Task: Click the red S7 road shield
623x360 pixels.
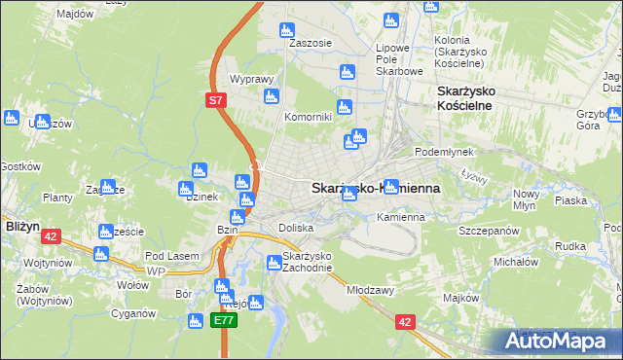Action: point(217,98)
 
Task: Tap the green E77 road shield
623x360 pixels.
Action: point(226,318)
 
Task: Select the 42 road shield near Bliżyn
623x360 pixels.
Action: point(52,235)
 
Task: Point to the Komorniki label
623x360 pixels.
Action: point(308,117)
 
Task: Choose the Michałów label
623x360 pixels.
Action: point(515,262)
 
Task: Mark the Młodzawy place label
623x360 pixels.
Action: point(370,290)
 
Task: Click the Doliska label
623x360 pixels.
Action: point(296,227)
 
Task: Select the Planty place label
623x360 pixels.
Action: point(58,198)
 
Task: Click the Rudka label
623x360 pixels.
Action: point(569,246)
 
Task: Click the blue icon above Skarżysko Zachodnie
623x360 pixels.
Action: point(275,262)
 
